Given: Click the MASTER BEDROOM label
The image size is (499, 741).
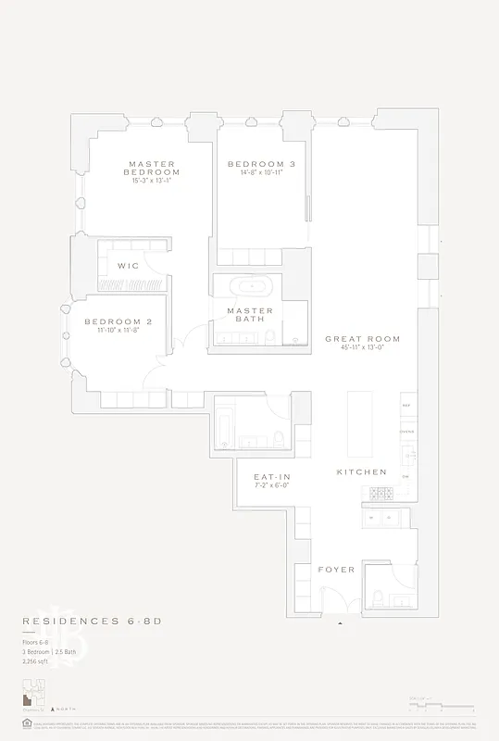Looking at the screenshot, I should [x=153, y=168].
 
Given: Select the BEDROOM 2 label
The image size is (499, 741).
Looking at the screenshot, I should [x=118, y=321].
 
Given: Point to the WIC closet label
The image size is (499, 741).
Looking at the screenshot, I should [x=128, y=266].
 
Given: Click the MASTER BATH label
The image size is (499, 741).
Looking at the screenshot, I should [x=250, y=315].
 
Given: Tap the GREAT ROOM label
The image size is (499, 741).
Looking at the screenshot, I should [x=356, y=339].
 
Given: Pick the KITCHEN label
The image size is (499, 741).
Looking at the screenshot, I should [x=361, y=471].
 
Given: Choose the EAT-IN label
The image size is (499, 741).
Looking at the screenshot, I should [x=272, y=477].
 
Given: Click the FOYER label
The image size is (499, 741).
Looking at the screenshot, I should [x=336, y=569].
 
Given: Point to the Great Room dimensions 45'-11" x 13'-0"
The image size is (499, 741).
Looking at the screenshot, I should [x=356, y=348].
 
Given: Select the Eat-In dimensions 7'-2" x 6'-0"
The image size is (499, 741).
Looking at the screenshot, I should [x=272, y=485].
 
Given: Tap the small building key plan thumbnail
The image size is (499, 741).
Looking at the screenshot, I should [x=34, y=690].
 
